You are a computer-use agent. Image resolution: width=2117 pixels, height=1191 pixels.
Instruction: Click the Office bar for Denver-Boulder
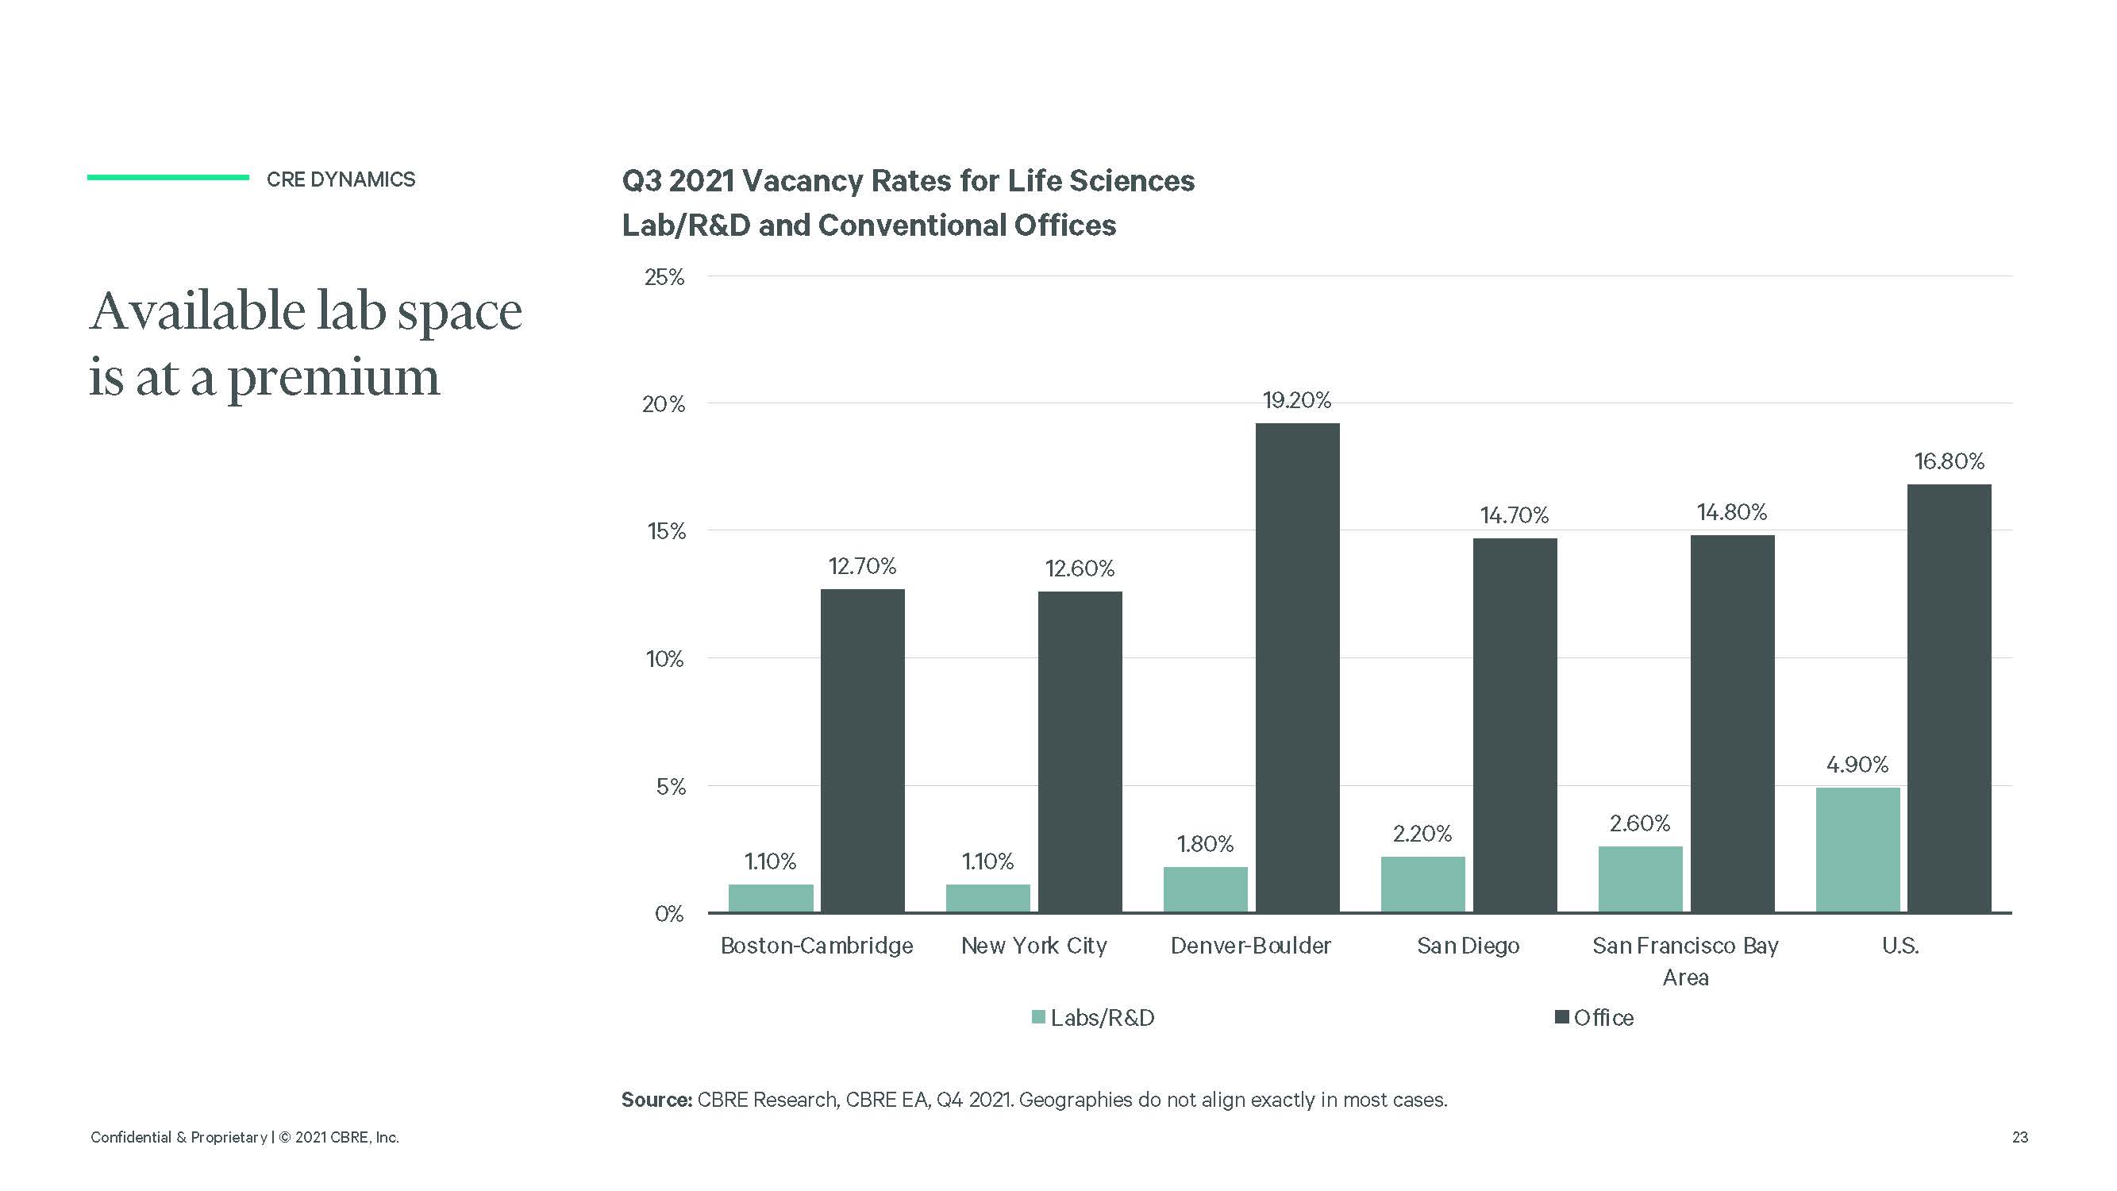tap(1297, 668)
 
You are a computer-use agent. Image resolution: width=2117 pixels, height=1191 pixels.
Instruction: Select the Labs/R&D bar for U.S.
tap(1857, 850)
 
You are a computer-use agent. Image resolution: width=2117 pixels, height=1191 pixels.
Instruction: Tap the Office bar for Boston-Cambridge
tap(862, 750)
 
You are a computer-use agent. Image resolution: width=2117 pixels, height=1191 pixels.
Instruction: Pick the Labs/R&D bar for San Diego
tap(1422, 885)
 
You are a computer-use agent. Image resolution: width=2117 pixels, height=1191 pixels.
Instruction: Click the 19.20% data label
tap(1297, 400)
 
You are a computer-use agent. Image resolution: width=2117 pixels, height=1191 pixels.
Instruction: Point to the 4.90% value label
tap(1857, 765)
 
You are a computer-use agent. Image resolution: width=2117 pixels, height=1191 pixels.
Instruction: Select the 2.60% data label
tap(1639, 823)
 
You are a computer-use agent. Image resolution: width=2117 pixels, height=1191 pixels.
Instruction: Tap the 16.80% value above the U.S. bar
tap(1950, 461)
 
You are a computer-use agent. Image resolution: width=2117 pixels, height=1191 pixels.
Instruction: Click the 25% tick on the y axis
tap(664, 277)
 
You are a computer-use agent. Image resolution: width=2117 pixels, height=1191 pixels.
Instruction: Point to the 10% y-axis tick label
tap(664, 659)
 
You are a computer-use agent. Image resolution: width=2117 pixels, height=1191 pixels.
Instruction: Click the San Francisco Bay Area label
tap(1685, 960)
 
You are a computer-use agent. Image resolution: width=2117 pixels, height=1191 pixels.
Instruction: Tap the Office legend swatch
tap(1562, 1017)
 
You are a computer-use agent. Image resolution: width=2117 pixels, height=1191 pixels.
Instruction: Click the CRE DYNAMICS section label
tap(341, 179)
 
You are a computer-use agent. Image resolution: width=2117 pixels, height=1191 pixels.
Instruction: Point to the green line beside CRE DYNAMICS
tap(167, 177)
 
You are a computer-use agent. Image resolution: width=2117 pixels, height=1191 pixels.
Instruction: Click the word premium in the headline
tap(333, 378)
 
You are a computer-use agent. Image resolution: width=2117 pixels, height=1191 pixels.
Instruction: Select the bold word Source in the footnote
tap(656, 1100)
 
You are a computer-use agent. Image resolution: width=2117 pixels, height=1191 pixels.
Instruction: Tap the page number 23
tap(2019, 1138)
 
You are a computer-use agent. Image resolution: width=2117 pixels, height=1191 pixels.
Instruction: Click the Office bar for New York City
tap(1080, 752)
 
